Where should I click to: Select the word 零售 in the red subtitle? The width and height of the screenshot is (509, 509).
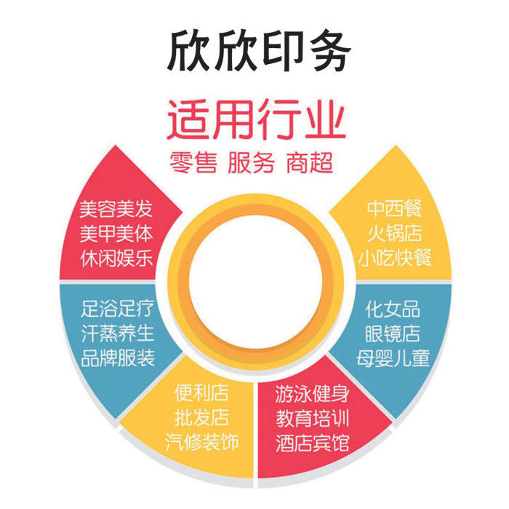(193, 162)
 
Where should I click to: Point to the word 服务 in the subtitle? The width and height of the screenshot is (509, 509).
(251, 162)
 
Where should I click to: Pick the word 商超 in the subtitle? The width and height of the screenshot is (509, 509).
(310, 162)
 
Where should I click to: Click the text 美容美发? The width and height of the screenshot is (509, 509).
(116, 210)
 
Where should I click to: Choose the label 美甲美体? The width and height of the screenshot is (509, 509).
(116, 234)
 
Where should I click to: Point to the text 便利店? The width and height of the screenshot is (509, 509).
(201, 394)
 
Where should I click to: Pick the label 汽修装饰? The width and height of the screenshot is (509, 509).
(201, 441)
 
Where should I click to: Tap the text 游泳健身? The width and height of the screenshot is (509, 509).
(313, 395)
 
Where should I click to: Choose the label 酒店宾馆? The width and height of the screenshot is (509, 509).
(313, 442)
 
